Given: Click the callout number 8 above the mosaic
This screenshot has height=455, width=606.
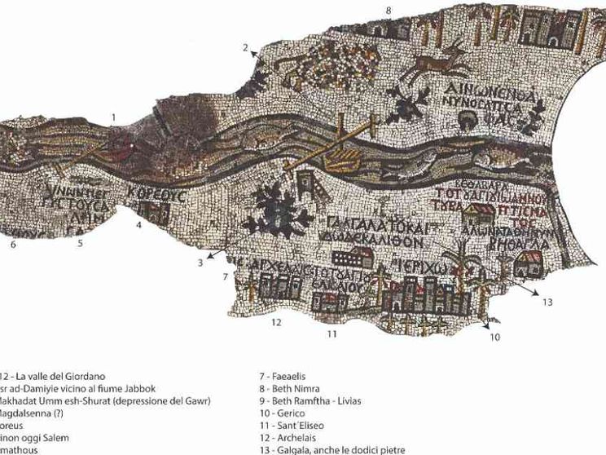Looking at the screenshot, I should click(389, 10).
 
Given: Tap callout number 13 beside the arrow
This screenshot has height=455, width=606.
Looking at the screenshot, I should click(547, 303).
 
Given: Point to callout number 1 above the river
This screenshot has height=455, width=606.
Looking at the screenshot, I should click(114, 117).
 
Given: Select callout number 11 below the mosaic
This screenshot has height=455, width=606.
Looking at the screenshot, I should click(332, 334).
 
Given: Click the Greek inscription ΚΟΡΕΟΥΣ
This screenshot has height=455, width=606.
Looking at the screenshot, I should click(157, 197).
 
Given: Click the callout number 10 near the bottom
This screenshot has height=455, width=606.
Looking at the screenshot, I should click(494, 336).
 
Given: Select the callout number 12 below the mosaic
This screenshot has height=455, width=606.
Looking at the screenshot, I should click(276, 323).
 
